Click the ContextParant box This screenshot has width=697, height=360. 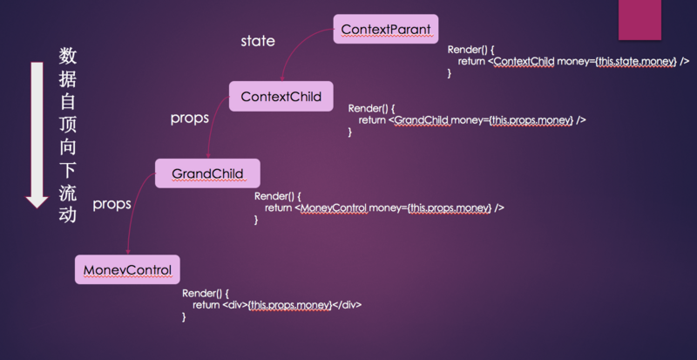click(386, 29)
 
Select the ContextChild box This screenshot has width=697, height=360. click(281, 96)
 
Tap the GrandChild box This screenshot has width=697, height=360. click(206, 173)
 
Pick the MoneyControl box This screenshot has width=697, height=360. click(127, 269)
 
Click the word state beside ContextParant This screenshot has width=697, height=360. click(257, 41)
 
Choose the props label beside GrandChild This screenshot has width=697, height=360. click(112, 204)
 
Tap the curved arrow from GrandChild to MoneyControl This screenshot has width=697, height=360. click(132, 218)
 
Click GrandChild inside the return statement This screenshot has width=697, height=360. click(421, 120)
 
